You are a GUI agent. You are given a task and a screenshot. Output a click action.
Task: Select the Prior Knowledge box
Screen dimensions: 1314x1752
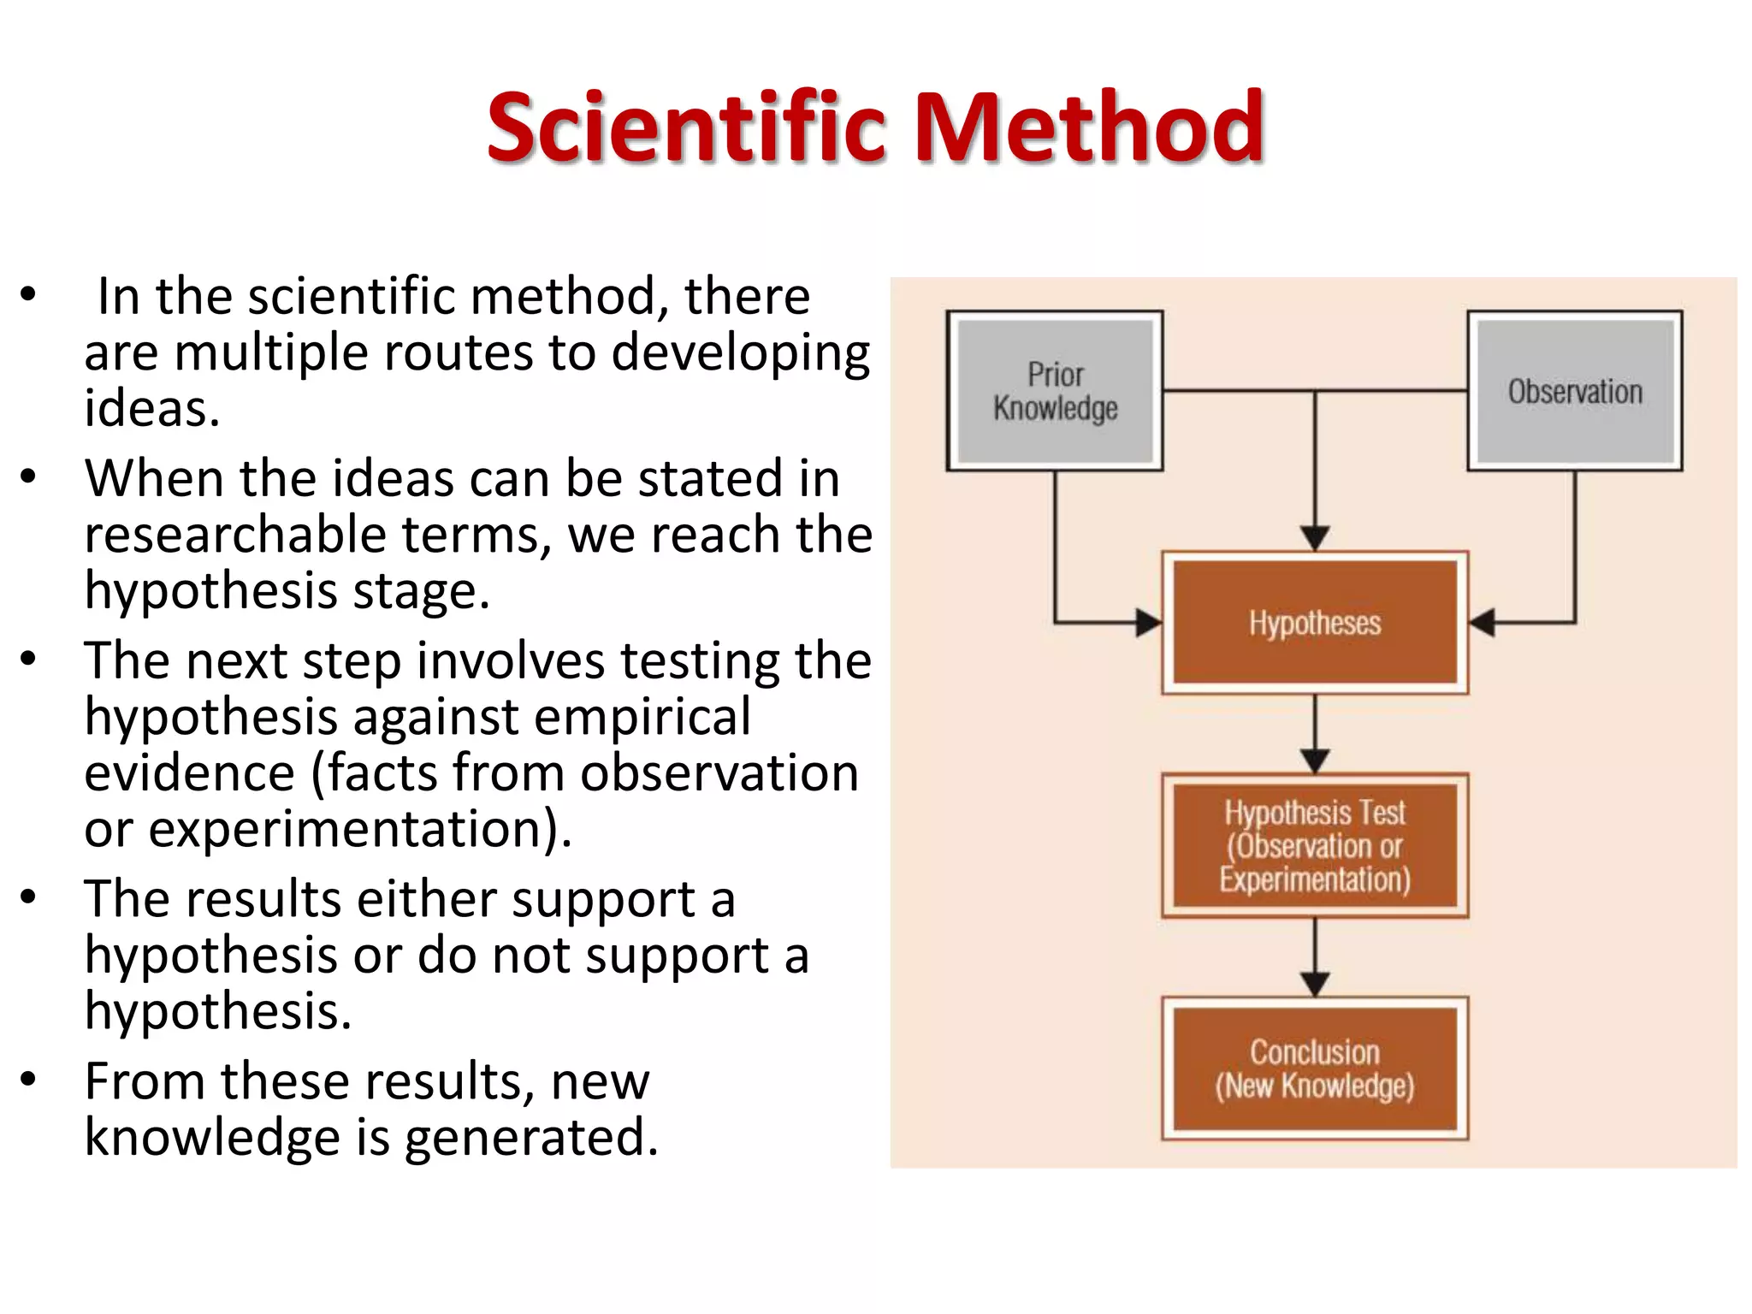(x=1054, y=391)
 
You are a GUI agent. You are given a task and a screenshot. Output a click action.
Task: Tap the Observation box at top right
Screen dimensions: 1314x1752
(x=1574, y=391)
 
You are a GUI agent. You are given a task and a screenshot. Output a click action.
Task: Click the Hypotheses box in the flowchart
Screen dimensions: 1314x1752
(x=1314, y=623)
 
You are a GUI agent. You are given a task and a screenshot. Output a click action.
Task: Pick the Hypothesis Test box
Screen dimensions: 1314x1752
(x=1314, y=845)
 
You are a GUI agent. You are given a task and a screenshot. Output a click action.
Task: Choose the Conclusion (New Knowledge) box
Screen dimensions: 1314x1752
(x=1314, y=1068)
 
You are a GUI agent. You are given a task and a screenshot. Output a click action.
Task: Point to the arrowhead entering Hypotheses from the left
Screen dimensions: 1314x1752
(x=1149, y=622)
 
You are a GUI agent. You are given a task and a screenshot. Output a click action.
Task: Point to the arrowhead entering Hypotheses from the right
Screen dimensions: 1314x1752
(x=1483, y=622)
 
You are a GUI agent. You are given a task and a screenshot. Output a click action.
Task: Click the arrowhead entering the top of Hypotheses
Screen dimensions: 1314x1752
(x=1314, y=538)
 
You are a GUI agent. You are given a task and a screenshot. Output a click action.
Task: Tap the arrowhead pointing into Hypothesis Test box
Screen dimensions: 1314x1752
(x=1314, y=761)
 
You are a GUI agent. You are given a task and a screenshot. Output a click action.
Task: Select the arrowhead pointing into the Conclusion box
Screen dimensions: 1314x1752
(x=1314, y=984)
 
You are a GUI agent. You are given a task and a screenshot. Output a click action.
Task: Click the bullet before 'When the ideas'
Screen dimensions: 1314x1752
(x=29, y=476)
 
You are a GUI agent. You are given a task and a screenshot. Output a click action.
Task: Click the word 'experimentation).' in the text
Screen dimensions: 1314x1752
(x=360, y=830)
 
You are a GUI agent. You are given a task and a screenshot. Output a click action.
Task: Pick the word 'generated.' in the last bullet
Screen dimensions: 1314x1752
(x=531, y=1138)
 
